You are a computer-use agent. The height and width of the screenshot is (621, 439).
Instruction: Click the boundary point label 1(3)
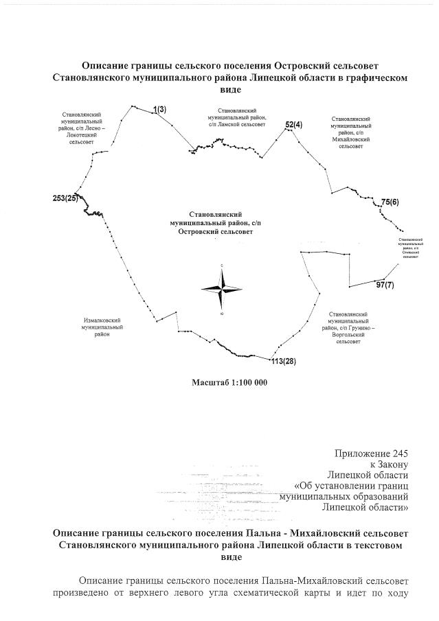pyautogui.click(x=159, y=109)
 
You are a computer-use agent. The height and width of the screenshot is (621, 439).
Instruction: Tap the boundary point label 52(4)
pyautogui.click(x=293, y=124)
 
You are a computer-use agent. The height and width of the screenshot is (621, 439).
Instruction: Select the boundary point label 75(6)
pyautogui.click(x=390, y=202)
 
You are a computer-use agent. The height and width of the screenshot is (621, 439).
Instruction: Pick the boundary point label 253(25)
pyautogui.click(x=65, y=198)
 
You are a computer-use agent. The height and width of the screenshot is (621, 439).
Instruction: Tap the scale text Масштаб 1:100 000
pyautogui.click(x=229, y=382)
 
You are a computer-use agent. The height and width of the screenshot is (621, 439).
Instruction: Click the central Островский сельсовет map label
pyautogui.click(x=210, y=223)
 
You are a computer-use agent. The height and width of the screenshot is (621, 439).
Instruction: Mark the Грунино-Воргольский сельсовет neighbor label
pyautogui.click(x=350, y=327)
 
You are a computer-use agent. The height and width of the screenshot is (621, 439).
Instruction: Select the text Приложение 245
pyautogui.click(x=371, y=454)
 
